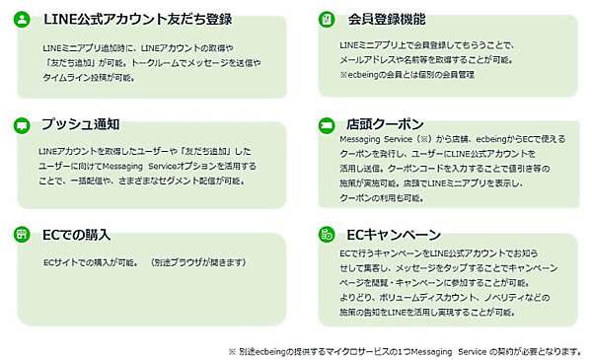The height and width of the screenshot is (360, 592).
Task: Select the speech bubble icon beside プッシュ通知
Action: (x=22, y=125)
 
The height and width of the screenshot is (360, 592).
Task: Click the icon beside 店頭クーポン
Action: (x=325, y=125)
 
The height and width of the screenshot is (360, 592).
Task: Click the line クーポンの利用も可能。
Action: (x=374, y=197)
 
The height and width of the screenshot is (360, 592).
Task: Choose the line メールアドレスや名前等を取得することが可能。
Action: (x=419, y=61)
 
